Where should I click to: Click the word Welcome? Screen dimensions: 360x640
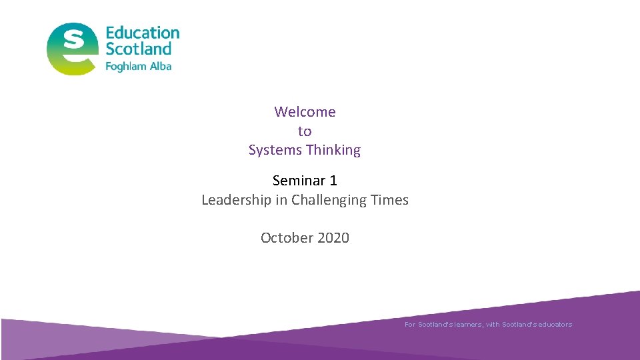pyautogui.click(x=305, y=112)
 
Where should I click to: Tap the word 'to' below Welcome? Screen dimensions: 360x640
pyautogui.click(x=305, y=131)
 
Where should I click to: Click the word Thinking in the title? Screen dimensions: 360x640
pyautogui.click(x=333, y=150)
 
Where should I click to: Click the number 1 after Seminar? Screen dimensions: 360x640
pyautogui.click(x=333, y=181)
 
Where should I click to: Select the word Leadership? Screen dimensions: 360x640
pyautogui.click(x=237, y=200)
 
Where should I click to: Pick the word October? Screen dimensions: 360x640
pyautogui.click(x=285, y=238)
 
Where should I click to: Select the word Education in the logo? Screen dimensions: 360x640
pyautogui.click(x=143, y=33)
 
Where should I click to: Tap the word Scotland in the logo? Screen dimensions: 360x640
pyautogui.click(x=138, y=49)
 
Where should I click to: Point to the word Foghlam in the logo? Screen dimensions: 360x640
pyautogui.click(x=127, y=66)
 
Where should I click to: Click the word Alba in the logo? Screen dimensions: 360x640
pyautogui.click(x=161, y=66)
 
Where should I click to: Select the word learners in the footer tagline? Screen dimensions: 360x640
pyautogui.click(x=466, y=325)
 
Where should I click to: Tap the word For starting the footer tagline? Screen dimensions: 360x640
pyautogui.click(x=410, y=325)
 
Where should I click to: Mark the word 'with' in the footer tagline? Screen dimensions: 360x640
pyautogui.click(x=493, y=325)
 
